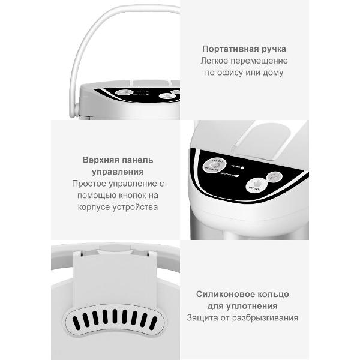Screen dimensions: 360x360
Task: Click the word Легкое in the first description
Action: coord(214,61)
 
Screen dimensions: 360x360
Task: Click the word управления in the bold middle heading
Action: coord(118,172)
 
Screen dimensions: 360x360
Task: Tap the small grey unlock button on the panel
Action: coord(275,176)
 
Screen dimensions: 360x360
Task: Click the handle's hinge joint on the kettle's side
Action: coord(74,110)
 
